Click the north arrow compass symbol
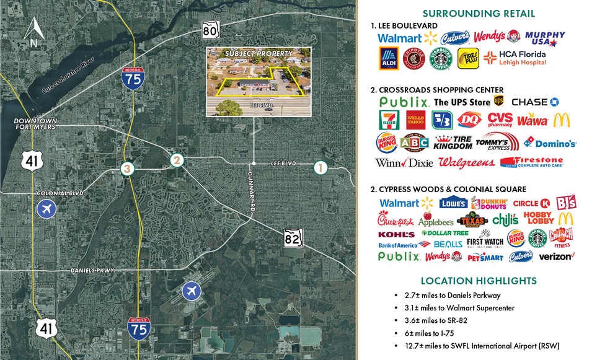[x=33, y=32]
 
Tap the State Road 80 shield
[x=210, y=30]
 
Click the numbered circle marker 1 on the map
[x=320, y=167]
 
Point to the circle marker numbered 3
[x=128, y=168]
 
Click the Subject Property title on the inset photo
[x=250, y=54]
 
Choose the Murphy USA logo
[x=544, y=38]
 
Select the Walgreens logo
[x=466, y=162]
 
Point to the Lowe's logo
[x=453, y=203]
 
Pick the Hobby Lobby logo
[x=538, y=218]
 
